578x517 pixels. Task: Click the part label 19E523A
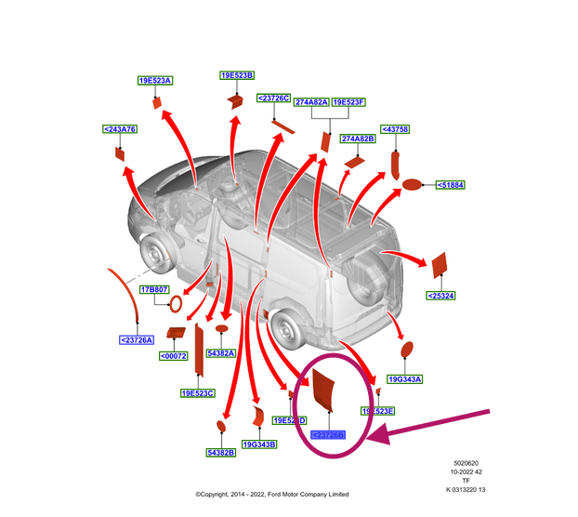(x=156, y=81)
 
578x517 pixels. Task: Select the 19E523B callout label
(x=237, y=74)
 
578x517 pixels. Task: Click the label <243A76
(x=120, y=129)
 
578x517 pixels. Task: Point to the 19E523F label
(x=348, y=102)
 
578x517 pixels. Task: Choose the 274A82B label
(x=357, y=139)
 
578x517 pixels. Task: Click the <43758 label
(x=395, y=129)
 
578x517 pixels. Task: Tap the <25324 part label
(x=440, y=296)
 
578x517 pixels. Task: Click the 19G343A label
(x=405, y=378)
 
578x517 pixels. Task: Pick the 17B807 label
(x=153, y=290)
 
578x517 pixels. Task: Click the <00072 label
(x=173, y=356)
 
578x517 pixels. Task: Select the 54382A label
(x=221, y=353)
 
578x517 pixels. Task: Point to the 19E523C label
(x=197, y=393)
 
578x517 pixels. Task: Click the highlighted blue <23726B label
(x=328, y=434)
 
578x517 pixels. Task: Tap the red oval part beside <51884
(x=412, y=186)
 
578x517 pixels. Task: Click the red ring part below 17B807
(x=173, y=307)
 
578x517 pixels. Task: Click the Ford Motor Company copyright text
(x=271, y=494)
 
